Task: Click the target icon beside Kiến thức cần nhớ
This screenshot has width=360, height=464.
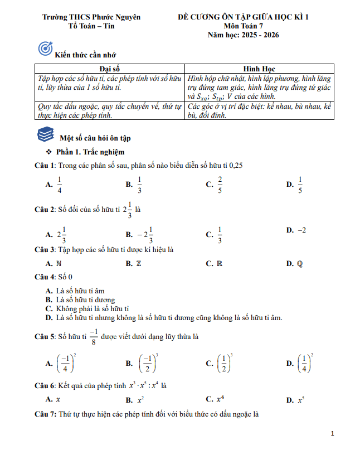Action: (45, 49)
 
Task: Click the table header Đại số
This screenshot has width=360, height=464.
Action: (110, 69)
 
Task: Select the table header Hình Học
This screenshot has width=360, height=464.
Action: (260, 69)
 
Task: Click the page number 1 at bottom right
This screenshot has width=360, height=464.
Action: (332, 433)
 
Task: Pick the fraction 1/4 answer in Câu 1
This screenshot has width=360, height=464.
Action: (60, 185)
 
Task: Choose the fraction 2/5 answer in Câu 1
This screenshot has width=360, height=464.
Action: (220, 185)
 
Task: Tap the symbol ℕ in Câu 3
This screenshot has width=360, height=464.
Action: (59, 263)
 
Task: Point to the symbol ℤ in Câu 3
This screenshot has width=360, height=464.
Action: (139, 263)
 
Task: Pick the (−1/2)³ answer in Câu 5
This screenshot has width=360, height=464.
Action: (148, 363)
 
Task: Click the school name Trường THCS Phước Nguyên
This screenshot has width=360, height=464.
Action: (91, 17)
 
